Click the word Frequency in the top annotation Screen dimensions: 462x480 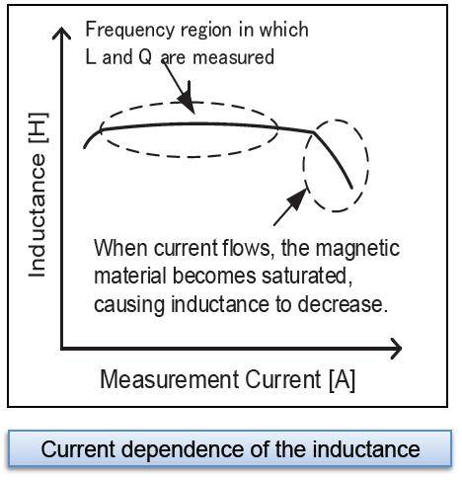click(x=130, y=31)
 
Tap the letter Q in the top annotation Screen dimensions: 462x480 click(x=145, y=57)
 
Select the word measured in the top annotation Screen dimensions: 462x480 click(x=233, y=57)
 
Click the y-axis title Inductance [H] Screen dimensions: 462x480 click(x=38, y=195)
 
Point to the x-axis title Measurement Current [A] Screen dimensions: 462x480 click(x=228, y=380)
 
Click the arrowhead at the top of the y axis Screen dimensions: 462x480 click(x=61, y=34)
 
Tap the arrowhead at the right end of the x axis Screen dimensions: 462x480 click(x=396, y=349)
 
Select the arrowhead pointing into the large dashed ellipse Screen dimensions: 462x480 click(x=187, y=102)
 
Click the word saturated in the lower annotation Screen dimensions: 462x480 click(x=307, y=276)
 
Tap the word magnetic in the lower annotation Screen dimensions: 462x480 click(x=357, y=249)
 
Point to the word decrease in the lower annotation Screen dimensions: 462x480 click(x=343, y=304)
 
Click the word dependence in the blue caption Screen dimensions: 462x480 click(x=184, y=450)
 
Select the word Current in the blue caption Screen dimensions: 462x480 click(x=78, y=449)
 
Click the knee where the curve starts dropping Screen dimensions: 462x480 click(x=313, y=132)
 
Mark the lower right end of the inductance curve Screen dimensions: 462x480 click(x=351, y=188)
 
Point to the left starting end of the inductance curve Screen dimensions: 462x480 click(x=85, y=147)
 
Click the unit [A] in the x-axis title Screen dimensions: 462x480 click(x=343, y=380)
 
